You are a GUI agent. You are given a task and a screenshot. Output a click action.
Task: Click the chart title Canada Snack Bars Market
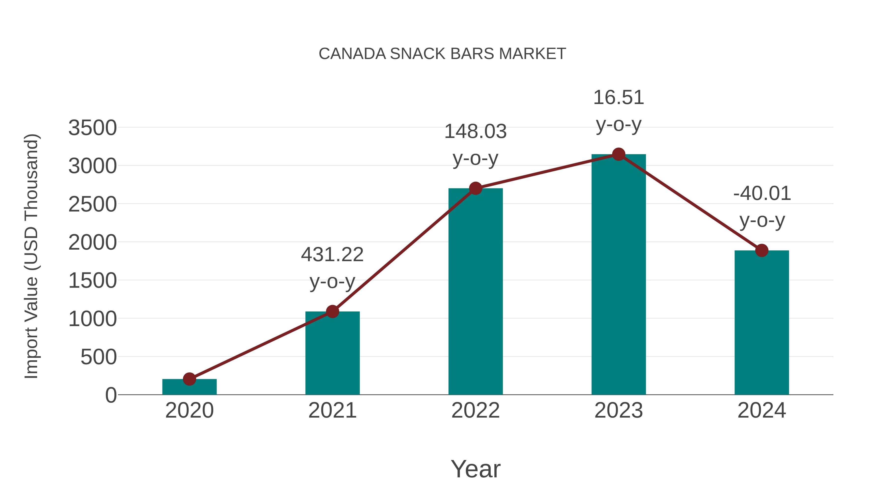[x=442, y=54]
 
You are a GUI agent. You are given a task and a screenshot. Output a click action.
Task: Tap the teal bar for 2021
[x=332, y=354]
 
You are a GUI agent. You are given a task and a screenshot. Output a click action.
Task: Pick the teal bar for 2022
[x=475, y=292]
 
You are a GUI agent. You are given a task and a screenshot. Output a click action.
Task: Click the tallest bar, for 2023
[x=619, y=275]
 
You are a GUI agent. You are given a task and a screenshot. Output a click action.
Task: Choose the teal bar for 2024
[x=762, y=323]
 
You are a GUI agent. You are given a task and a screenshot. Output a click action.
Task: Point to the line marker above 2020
[x=189, y=379]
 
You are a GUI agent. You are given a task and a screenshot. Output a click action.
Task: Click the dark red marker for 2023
[x=619, y=155]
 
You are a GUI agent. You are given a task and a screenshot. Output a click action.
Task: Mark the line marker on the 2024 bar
[x=762, y=251]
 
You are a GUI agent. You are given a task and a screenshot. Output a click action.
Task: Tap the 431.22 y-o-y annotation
[x=332, y=268]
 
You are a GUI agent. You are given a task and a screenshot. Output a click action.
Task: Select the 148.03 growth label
[x=475, y=145]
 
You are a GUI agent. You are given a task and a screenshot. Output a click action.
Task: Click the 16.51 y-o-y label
[x=619, y=111]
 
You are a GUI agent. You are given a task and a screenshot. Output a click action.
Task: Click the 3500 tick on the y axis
[x=92, y=128]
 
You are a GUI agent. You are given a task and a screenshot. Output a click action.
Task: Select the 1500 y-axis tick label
[x=92, y=281]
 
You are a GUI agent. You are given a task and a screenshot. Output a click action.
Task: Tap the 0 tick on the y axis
[x=111, y=395]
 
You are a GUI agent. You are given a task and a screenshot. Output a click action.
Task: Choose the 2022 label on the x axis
[x=475, y=411]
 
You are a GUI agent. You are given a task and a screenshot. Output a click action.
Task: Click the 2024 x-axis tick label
[x=762, y=411]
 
